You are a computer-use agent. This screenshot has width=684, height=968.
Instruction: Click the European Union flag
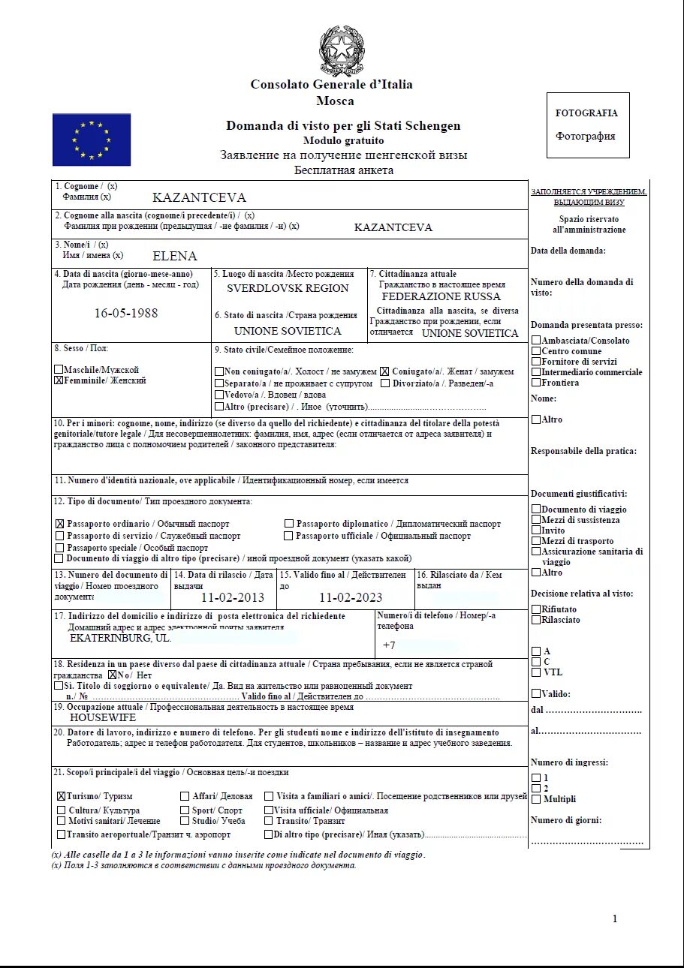[x=92, y=140]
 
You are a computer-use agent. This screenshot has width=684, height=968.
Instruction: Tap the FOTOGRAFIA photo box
[x=587, y=125]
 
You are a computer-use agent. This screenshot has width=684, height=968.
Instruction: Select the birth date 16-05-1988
[x=126, y=313]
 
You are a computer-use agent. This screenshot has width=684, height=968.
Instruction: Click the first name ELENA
[x=174, y=256]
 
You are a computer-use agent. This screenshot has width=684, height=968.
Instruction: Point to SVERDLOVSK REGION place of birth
[x=288, y=288]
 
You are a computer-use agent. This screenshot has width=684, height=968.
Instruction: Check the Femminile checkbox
[x=59, y=380]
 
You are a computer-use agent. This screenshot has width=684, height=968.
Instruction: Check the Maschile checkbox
[x=59, y=370]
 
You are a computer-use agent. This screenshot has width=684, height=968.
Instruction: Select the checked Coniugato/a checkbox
[x=384, y=371]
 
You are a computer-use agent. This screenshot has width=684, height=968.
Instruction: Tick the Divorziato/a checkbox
[x=384, y=383]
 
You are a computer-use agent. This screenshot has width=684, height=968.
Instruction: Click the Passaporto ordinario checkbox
[x=59, y=524]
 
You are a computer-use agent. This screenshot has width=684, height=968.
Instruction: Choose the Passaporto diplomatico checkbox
[x=289, y=524]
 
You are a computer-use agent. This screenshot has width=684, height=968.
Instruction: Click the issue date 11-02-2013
[x=233, y=597]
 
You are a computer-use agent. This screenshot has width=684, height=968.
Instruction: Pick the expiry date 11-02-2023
[x=350, y=597]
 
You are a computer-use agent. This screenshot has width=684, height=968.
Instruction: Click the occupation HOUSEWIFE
[x=103, y=717]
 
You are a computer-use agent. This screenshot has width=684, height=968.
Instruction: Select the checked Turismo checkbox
[x=61, y=796]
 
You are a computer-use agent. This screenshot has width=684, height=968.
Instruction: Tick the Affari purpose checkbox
[x=185, y=796]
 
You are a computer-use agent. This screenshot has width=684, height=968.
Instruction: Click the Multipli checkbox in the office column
[x=535, y=799]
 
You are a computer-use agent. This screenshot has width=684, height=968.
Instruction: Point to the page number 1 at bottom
[x=614, y=919]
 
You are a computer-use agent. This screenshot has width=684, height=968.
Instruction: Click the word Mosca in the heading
[x=335, y=101]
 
